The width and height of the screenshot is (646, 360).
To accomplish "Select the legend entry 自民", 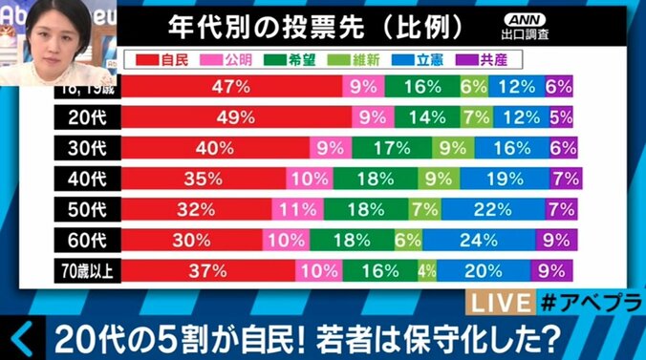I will pyautogui.click(x=166, y=59).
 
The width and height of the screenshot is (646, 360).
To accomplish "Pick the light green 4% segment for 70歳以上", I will pyautogui.click(x=426, y=269).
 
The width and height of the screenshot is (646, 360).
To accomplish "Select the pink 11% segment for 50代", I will pyautogui.click(x=297, y=209).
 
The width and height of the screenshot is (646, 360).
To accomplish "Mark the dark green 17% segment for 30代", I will pyautogui.click(x=391, y=148).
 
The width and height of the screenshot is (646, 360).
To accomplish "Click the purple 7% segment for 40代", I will pyautogui.click(x=567, y=179).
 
